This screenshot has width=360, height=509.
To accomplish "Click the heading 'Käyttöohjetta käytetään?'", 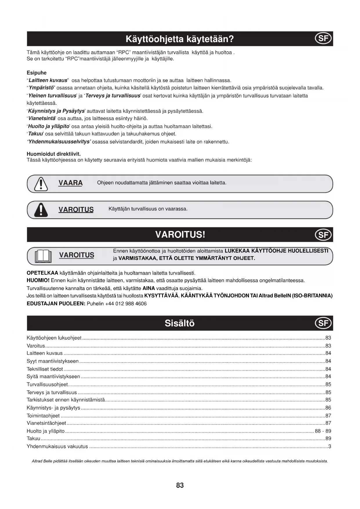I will [x=180, y=39].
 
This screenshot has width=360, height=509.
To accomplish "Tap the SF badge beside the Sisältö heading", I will [x=323, y=323].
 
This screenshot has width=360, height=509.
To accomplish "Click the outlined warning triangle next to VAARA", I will [x=41, y=184].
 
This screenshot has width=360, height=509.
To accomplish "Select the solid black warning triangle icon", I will [x=41, y=210].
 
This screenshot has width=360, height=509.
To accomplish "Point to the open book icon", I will [x=43, y=256].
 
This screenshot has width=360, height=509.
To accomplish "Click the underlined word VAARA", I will [x=70, y=183].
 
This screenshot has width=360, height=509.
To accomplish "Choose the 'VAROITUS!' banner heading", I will [x=180, y=234].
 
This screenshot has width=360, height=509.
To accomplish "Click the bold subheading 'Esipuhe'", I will [x=37, y=73].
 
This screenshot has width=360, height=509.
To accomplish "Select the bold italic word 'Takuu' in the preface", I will [x=35, y=134].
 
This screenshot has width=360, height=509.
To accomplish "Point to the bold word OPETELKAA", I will [x=42, y=273].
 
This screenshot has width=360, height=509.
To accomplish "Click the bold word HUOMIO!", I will [x=38, y=281].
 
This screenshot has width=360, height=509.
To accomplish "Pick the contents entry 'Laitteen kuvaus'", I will [x=45, y=353].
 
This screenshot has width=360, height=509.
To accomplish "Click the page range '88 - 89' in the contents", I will [x=323, y=431].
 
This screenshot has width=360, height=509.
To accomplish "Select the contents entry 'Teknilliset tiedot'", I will [x=45, y=369].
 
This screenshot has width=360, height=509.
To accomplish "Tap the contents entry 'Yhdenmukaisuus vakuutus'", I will [x=57, y=446].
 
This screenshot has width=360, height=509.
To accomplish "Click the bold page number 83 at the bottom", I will [x=180, y=485].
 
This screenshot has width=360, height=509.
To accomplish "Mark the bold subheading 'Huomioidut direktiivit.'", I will [x=54, y=154].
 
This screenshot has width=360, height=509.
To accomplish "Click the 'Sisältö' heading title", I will [x=180, y=323].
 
